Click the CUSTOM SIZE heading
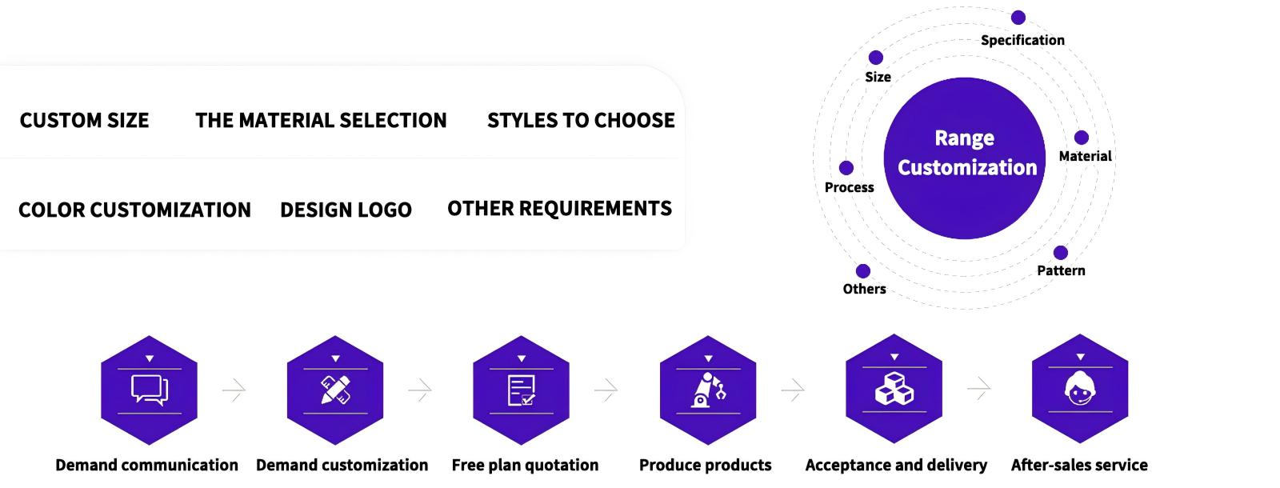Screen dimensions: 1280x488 85,121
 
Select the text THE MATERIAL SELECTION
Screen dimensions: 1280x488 321,121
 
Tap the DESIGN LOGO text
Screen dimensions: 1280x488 346,210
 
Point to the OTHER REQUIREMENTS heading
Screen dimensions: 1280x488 559,209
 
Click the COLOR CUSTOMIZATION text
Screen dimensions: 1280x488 135,210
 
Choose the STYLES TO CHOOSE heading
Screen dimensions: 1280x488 581,121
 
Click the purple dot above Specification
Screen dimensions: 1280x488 1018,18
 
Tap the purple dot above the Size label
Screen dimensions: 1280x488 875,57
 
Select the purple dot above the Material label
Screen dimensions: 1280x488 1081,137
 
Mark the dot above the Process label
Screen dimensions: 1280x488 846,168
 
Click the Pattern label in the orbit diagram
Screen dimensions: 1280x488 1061,270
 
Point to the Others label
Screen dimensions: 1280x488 865,289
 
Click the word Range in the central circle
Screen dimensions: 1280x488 965,138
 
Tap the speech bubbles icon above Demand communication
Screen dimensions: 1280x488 150,390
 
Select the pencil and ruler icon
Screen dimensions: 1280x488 335,390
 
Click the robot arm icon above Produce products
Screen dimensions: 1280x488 708,390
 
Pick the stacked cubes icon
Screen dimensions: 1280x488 894,389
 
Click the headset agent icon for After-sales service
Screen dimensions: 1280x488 1080,389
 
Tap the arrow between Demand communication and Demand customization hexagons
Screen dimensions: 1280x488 234,390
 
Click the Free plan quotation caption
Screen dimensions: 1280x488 525,465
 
